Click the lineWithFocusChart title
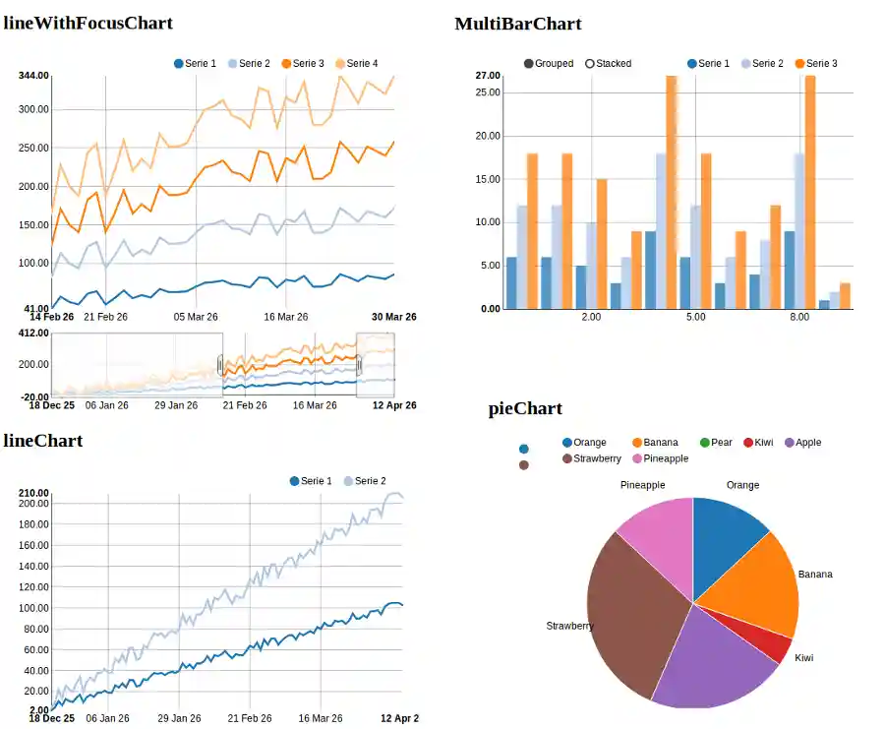pos(88,23)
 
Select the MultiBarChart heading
pos(517,24)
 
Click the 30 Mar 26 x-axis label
pos(393,317)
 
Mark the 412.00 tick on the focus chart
pos(33,334)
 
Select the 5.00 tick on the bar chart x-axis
pos(695,318)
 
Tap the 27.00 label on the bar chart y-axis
pos(488,76)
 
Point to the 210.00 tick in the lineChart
pos(33,493)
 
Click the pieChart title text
pos(525,409)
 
